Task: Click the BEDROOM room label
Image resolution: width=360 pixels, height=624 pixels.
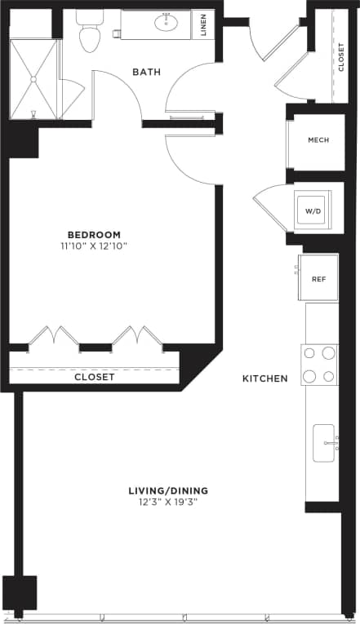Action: coord(94,234)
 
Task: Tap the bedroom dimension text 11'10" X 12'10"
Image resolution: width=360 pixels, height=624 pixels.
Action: coord(94,246)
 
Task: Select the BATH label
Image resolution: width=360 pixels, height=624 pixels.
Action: coord(146,73)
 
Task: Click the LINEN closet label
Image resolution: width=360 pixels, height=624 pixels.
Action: coord(202,24)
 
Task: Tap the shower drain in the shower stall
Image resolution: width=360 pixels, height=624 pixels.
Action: coord(33,79)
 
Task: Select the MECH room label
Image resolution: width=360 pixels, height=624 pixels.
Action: coord(318,140)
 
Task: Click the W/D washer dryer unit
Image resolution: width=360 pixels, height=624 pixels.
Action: coord(313,210)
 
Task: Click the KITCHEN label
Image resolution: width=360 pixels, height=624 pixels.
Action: coord(265,378)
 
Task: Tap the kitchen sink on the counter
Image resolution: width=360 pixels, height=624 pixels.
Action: coord(324,444)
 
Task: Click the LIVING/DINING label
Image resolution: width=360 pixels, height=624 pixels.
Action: coord(168,490)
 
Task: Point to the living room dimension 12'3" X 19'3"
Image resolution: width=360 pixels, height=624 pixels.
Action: coord(168,502)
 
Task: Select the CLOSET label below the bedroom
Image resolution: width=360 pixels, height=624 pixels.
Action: coord(95,377)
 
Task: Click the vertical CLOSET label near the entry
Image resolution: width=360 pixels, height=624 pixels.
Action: coord(341,57)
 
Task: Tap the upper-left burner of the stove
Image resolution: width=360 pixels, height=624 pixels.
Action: coord(309,353)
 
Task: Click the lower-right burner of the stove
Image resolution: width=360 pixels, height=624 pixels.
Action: coord(329,376)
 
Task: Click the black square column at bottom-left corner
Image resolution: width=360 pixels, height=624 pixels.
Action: coord(20,592)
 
